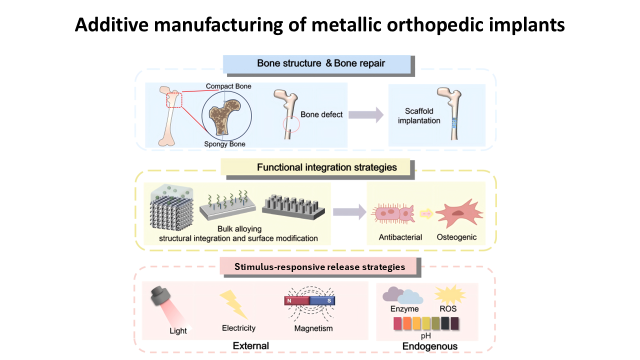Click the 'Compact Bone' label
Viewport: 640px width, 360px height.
228,86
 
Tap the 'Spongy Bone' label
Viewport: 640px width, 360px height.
224,144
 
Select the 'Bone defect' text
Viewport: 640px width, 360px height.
321,114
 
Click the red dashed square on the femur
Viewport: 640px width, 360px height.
174,93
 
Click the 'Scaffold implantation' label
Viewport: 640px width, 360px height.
419,115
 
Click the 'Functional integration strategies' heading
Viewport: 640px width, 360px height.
327,167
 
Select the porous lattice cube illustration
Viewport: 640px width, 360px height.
171,207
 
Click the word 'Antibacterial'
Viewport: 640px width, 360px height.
400,237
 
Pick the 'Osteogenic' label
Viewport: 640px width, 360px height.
456,237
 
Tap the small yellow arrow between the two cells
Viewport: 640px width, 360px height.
426,213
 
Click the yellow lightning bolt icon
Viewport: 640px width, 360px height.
233,304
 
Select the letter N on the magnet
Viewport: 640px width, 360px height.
289,301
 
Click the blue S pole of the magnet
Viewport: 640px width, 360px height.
322,300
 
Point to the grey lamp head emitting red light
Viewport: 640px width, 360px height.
160,295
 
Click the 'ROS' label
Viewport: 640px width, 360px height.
448,309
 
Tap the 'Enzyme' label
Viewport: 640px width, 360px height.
404,309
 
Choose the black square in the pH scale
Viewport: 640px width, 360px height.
445,323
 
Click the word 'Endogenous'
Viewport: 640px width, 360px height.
429,346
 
